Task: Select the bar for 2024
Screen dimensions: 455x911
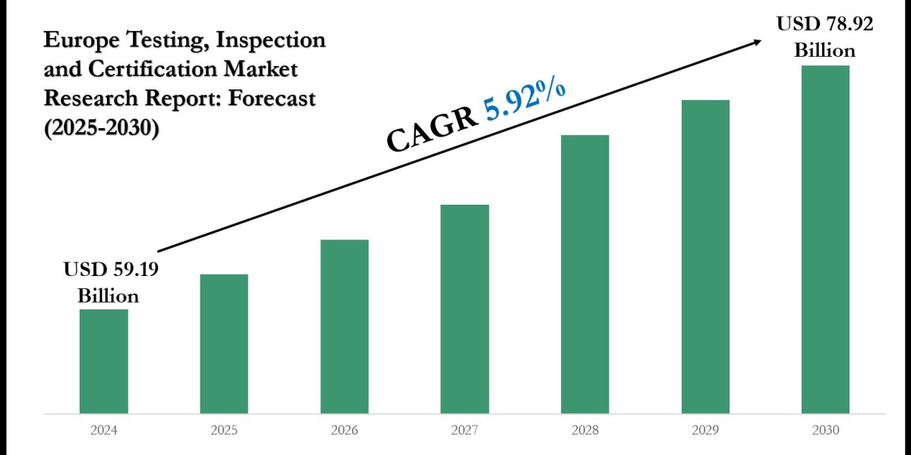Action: point(103,361)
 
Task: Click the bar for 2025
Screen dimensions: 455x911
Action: point(224,344)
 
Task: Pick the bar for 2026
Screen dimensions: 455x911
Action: point(344,326)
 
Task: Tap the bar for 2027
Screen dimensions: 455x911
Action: point(465,309)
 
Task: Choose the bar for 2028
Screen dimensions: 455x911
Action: point(585,274)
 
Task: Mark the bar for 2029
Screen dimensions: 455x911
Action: point(705,256)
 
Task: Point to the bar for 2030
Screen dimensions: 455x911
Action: point(825,239)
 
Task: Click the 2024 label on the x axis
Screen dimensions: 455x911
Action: point(103,430)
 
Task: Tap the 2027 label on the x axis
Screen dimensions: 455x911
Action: point(465,430)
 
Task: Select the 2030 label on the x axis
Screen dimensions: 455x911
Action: point(825,430)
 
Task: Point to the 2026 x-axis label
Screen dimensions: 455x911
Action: point(344,430)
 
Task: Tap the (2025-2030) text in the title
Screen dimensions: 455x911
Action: point(102,128)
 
